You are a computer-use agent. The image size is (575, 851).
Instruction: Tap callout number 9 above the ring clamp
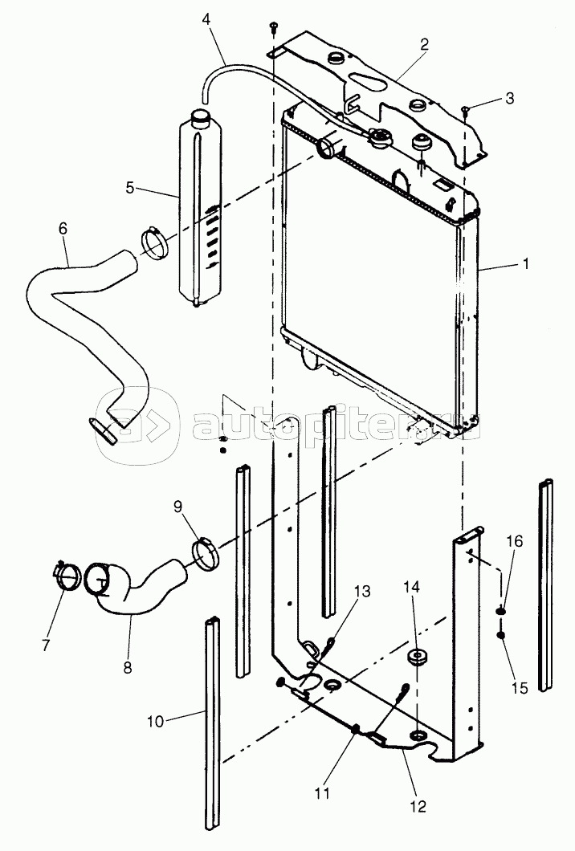178,507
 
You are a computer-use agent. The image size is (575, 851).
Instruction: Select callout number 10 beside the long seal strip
156,721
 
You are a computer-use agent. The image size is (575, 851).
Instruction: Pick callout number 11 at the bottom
322,792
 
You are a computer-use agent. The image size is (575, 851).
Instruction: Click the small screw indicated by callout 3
466,111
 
